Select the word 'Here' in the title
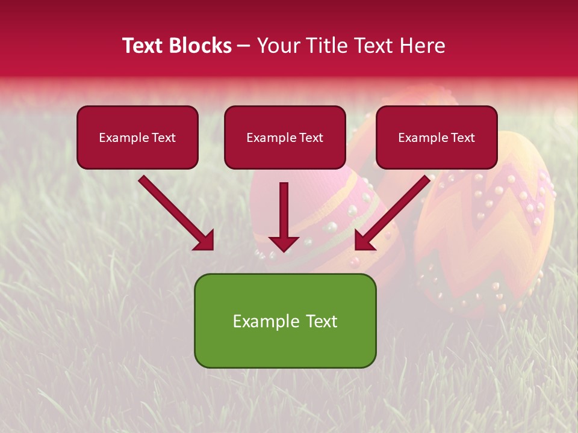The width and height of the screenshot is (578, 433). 424,46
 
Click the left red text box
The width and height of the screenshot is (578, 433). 137,137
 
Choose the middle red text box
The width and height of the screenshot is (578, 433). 285,137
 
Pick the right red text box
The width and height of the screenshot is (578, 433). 437,137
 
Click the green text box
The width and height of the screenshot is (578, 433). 285,321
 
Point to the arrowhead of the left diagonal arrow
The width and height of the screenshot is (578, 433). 205,241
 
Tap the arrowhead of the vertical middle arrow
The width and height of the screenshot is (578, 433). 284,244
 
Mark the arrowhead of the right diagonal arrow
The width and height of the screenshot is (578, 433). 364,241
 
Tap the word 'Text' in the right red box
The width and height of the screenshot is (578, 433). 463,138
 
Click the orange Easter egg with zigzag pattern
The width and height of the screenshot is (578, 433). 488,229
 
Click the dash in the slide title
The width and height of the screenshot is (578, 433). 244,46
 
